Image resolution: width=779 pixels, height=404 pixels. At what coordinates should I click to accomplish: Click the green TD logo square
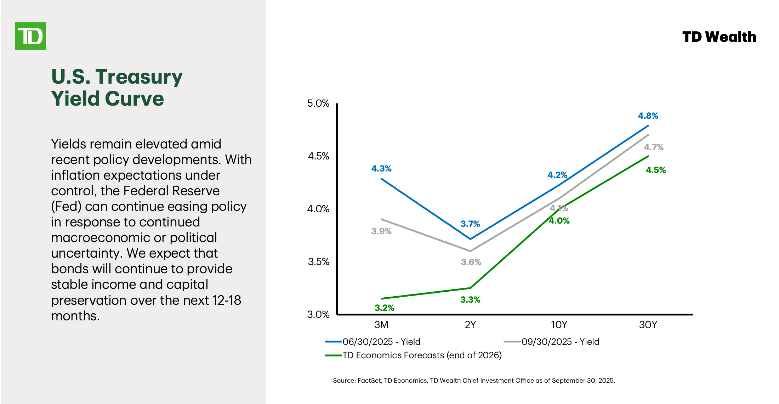30,36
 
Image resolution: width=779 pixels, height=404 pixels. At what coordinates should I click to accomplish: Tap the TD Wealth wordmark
719,37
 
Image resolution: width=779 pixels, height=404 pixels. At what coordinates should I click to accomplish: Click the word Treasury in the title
139,77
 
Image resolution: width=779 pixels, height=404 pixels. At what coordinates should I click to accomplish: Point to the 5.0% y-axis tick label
318,103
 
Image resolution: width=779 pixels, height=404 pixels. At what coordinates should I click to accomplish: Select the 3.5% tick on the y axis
318,262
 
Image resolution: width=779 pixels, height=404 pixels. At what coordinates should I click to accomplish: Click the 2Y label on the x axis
470,325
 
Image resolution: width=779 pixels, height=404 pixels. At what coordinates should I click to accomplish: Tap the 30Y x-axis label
648,325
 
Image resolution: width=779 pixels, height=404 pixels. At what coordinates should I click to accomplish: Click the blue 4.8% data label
648,116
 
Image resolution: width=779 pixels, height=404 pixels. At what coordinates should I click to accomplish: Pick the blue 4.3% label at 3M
381,169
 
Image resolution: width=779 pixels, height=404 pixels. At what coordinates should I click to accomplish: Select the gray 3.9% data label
381,231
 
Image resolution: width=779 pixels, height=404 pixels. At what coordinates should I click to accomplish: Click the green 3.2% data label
384,308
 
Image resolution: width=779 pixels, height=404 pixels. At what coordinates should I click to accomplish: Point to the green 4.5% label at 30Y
656,170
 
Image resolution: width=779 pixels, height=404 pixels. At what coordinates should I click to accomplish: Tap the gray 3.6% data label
471,262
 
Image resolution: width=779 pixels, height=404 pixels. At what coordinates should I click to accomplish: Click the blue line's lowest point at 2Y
470,239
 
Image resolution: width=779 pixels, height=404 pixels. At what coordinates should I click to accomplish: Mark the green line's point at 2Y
470,288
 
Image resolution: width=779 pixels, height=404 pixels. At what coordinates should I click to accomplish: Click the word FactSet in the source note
369,381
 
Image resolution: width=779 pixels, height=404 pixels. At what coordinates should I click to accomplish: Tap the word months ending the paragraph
75,316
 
